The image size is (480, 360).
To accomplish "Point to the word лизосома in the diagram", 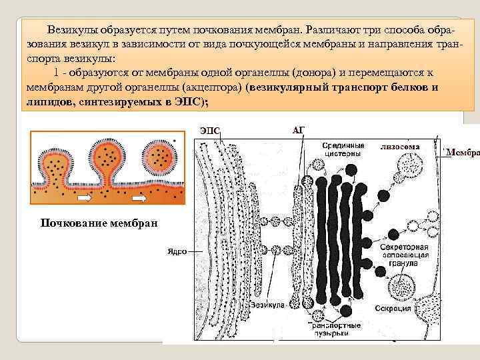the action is tap(400, 143).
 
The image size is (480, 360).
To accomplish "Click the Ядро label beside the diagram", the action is tap(175, 252).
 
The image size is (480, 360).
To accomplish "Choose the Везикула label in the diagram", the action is tap(268, 304).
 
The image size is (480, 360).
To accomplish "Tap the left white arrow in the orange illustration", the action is tap(85, 198).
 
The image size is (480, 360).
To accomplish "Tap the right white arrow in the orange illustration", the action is tap(139, 198).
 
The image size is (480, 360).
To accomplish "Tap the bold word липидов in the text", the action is tap(49, 101).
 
